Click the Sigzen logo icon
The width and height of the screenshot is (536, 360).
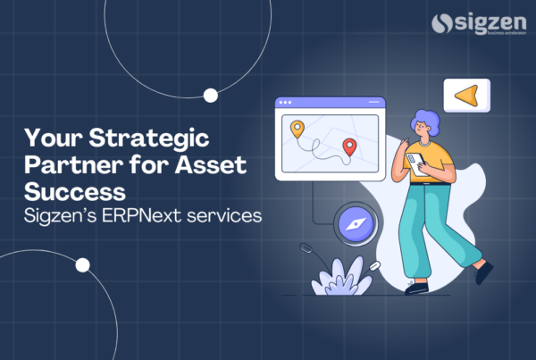[441, 25]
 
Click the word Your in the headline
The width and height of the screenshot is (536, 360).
[52, 140]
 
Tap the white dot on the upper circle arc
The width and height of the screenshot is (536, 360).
[212, 95]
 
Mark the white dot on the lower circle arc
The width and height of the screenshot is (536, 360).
[83, 264]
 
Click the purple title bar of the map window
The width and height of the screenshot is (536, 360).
[330, 103]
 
